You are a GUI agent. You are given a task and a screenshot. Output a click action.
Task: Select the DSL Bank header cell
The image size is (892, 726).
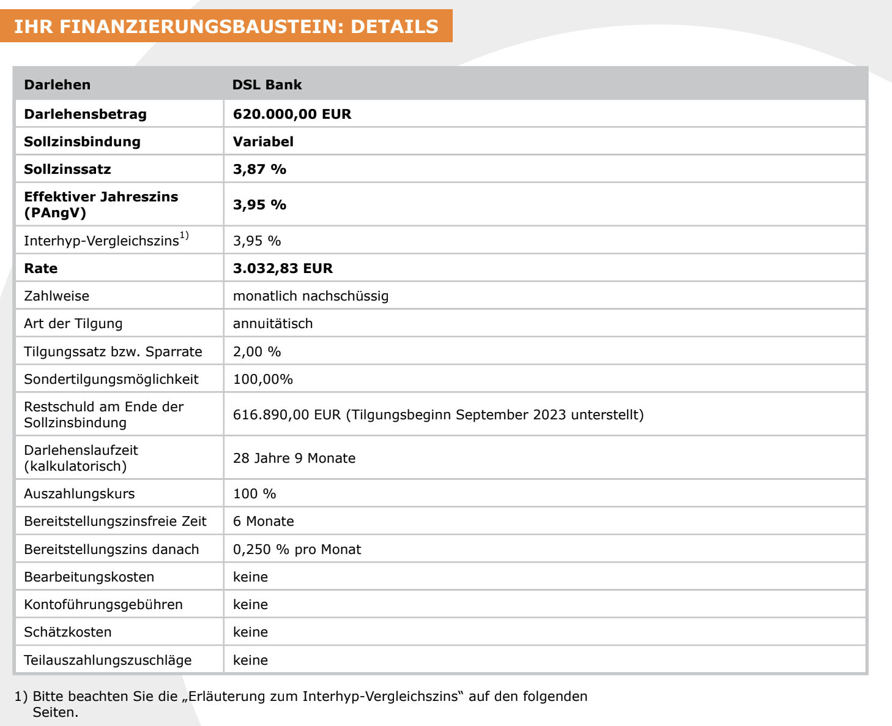[267, 84]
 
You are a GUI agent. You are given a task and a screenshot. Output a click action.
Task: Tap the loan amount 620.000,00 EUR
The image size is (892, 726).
[292, 114]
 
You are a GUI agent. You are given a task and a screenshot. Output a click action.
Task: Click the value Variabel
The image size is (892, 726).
[263, 141]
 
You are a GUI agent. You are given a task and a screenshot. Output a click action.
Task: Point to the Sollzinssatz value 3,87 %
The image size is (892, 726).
[259, 169]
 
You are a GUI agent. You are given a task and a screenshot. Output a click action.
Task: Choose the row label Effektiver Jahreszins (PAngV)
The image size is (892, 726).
[101, 204]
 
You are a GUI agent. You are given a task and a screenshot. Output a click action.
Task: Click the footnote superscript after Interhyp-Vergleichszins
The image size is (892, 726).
[184, 236]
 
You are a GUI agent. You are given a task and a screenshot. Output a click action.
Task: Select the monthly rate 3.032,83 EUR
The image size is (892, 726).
[283, 268]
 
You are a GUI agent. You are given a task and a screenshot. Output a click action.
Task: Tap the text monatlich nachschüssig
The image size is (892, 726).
[310, 296]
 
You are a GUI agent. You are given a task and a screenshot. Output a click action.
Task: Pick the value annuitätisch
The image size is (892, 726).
[272, 324]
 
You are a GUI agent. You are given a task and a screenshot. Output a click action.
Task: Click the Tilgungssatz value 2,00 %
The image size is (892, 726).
[256, 352]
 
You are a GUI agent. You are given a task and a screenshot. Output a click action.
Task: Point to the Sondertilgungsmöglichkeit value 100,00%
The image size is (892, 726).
[262, 380]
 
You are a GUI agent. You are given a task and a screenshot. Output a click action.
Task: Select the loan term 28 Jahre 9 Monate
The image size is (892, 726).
[294, 458]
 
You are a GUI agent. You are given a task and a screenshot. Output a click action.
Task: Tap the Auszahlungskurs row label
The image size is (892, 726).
[79, 494]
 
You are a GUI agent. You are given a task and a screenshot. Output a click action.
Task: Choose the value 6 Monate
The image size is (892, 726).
[263, 522]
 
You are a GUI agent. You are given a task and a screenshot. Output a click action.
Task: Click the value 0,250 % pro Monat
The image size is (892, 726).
[297, 550]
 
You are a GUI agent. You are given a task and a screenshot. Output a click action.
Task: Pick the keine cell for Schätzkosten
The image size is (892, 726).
[250, 632]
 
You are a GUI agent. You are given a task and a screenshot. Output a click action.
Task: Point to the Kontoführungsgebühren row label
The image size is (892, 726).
[103, 605]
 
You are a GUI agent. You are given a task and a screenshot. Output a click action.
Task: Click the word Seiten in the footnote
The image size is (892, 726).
[54, 713]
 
